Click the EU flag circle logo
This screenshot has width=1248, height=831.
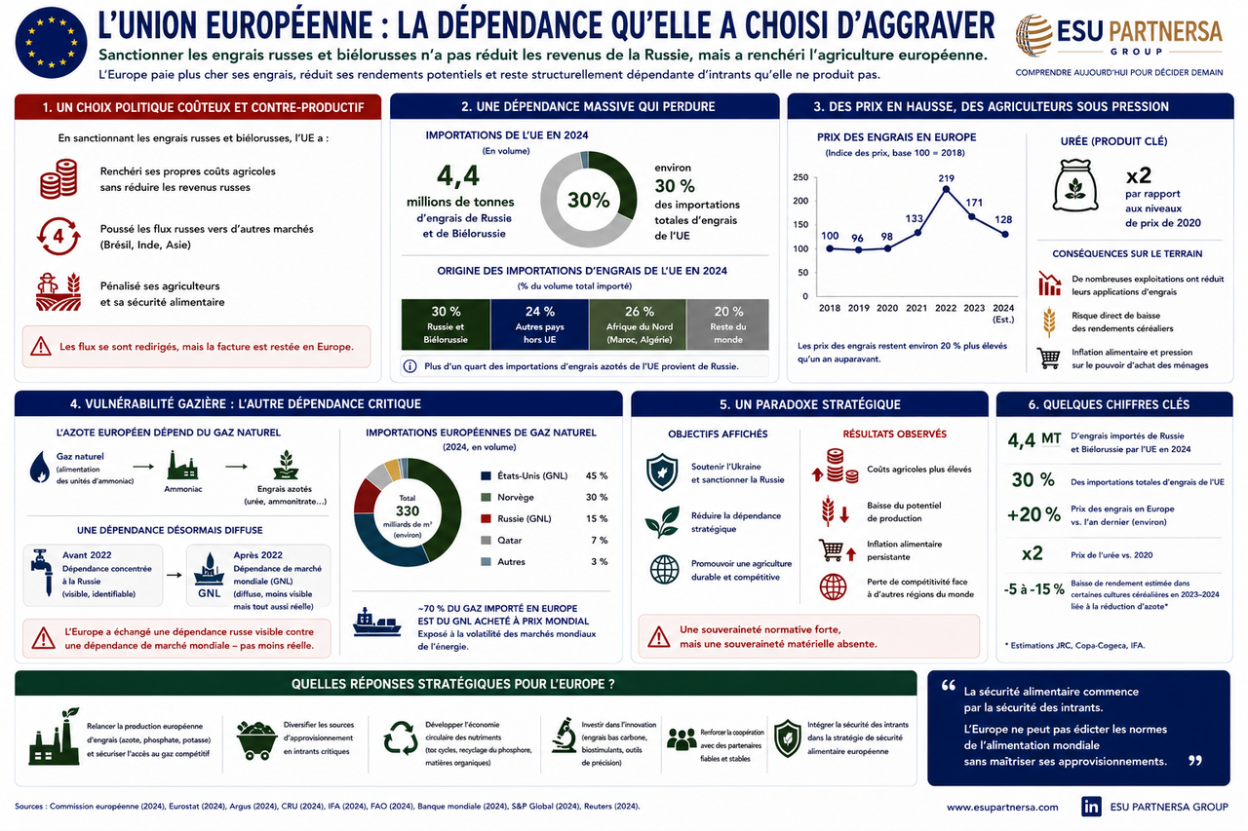(52, 42)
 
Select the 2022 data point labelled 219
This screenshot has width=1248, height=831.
(946, 190)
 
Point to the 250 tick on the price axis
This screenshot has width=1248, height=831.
(800, 177)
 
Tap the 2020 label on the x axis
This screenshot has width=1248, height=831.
(887, 308)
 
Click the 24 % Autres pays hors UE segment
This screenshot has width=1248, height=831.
(539, 324)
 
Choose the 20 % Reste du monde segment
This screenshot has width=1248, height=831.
(727, 324)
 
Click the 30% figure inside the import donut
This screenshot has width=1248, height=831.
(588, 200)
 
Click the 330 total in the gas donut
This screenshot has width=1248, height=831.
(408, 510)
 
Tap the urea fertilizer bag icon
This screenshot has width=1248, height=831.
(1074, 185)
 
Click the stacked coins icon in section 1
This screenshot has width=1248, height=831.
(58, 178)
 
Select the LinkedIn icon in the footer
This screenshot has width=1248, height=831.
(1091, 807)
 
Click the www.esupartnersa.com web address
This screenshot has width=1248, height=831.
(1002, 807)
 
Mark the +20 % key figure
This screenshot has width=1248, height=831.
(1033, 514)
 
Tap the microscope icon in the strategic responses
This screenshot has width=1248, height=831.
(564, 736)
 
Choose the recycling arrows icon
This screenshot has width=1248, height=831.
(401, 738)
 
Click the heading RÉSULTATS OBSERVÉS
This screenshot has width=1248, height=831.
(894, 434)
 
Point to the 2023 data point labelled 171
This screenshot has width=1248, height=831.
(972, 216)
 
